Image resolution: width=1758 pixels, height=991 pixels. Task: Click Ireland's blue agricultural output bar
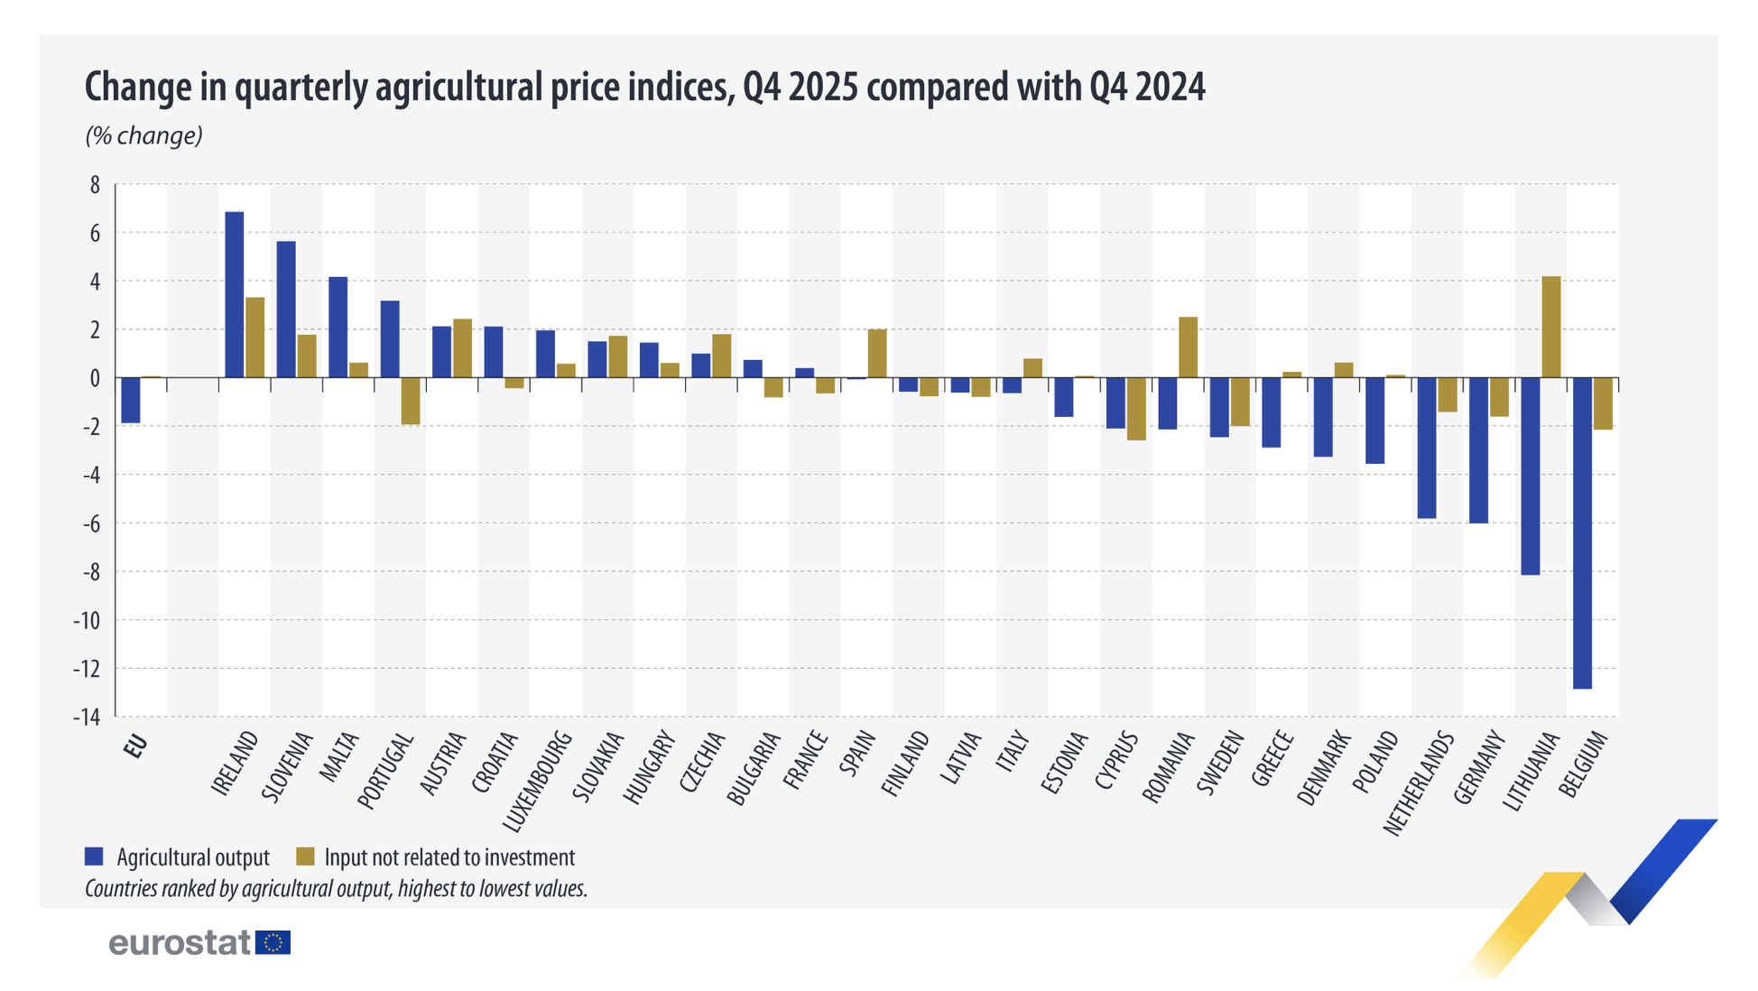tap(234, 294)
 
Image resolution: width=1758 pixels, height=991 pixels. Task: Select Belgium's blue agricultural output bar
tap(1582, 533)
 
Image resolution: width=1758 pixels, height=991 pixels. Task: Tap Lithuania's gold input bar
tap(1550, 327)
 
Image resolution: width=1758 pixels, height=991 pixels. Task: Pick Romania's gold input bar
tap(1188, 347)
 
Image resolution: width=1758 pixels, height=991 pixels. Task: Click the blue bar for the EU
tap(131, 400)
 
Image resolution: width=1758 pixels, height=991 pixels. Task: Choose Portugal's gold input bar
tap(411, 401)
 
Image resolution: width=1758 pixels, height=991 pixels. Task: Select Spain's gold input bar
tap(877, 354)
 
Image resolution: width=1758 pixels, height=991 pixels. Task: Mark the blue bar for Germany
tap(1478, 449)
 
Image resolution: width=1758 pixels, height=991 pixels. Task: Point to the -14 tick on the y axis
tap(88, 717)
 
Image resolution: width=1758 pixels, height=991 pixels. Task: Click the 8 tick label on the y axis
tap(95, 185)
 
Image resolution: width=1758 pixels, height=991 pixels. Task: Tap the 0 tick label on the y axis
tap(95, 378)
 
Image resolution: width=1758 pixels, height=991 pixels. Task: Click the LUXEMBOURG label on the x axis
tap(538, 782)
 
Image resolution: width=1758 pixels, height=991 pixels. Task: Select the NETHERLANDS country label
tap(1419, 783)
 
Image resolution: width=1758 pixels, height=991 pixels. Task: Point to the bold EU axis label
tap(136, 747)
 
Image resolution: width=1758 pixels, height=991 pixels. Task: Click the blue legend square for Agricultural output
tap(94, 857)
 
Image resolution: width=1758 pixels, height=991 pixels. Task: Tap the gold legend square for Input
tap(306, 857)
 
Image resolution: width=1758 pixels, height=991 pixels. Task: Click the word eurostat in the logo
tap(180, 943)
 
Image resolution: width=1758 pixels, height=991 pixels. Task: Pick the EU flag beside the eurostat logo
tap(273, 943)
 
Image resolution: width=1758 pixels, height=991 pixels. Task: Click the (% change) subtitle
tap(143, 135)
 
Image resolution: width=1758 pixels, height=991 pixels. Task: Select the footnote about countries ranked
tap(336, 889)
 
